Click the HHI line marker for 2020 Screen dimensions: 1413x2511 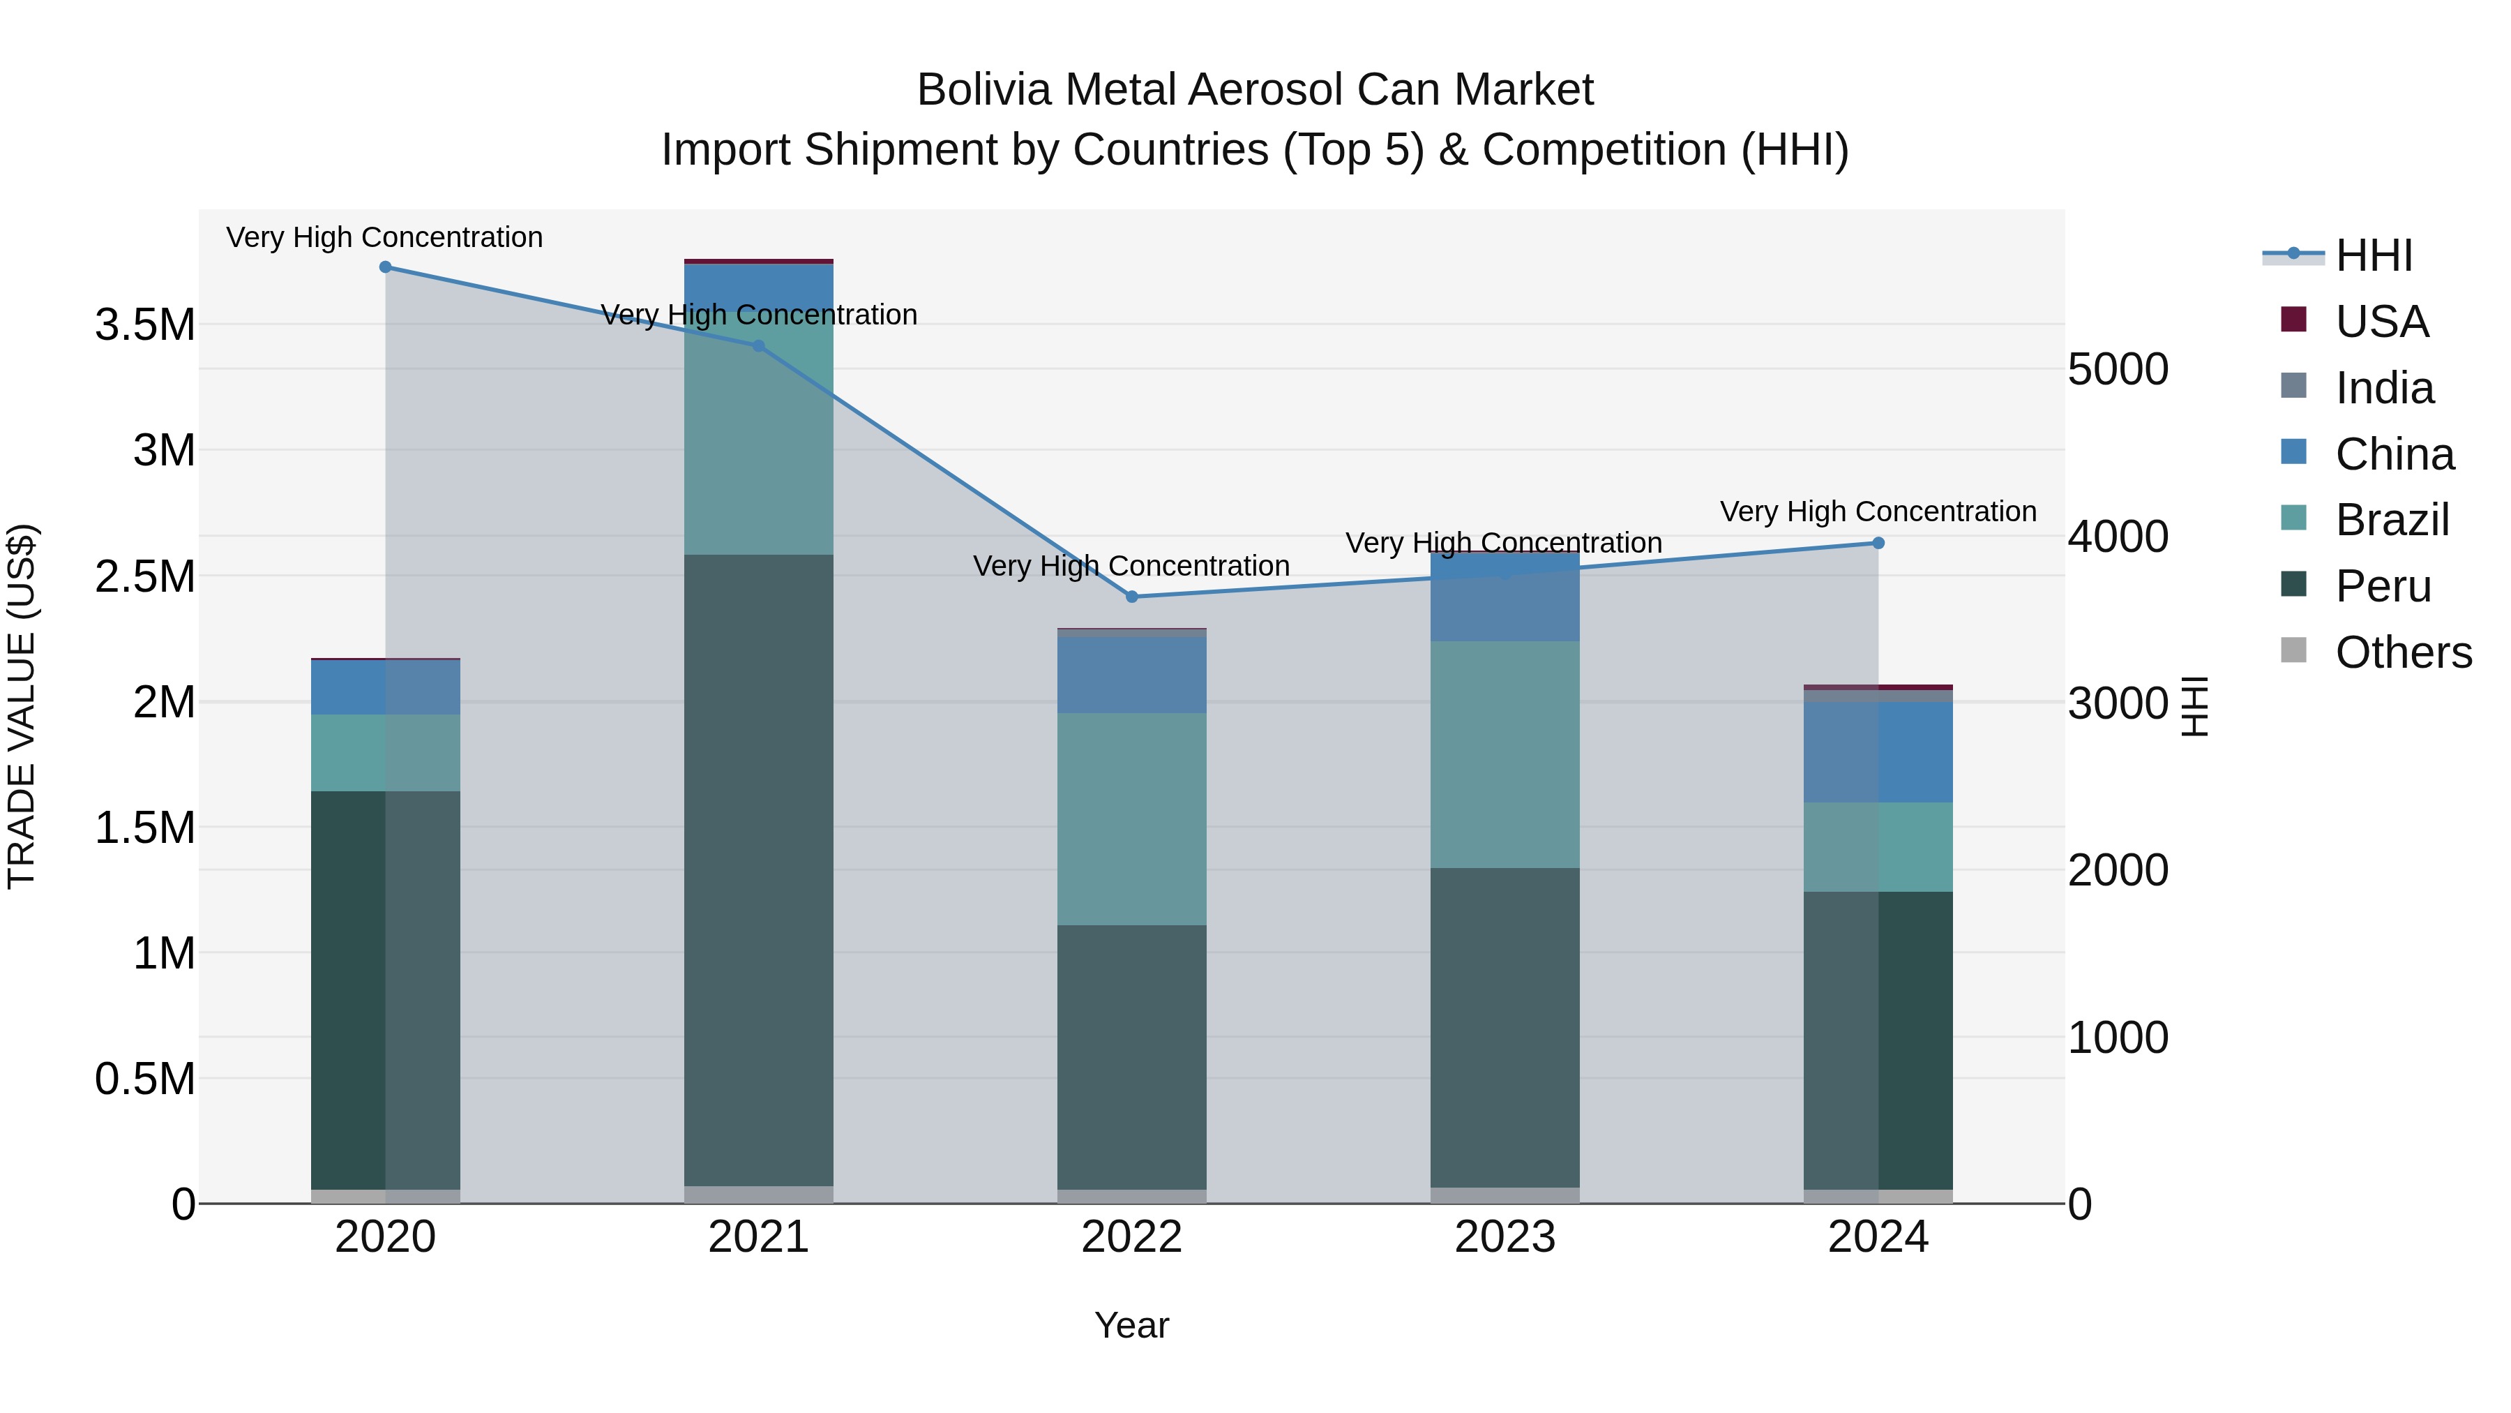click(385, 267)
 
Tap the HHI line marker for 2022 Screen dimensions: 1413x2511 click(1132, 597)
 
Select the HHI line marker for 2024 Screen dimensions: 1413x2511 click(1878, 543)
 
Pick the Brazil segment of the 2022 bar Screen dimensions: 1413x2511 click(1132, 819)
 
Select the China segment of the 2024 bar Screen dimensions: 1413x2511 click(1878, 752)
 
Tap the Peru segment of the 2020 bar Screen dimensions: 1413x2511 click(385, 989)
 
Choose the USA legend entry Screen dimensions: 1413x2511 click(2381, 322)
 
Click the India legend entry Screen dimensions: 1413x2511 click(2384, 388)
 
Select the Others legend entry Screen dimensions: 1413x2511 click(2403, 652)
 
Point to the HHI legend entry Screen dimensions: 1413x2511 click(2374, 255)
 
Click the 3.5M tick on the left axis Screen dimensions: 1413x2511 click(145, 324)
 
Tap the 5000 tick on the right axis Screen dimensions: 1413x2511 click(2117, 370)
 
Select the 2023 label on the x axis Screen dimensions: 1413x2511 click(1505, 1237)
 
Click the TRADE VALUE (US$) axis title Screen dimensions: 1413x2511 click(22, 706)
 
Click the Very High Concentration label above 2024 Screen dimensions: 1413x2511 click(1878, 512)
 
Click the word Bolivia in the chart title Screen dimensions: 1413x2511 click(983, 91)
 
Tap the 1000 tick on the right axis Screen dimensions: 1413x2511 click(2117, 1038)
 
